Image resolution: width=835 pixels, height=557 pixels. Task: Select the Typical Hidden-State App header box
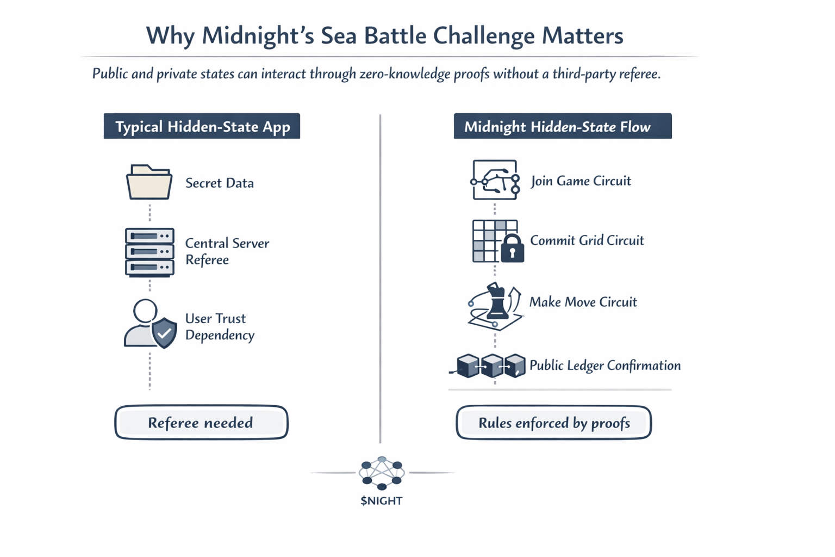pos(202,126)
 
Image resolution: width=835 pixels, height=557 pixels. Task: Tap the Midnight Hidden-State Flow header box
pos(563,126)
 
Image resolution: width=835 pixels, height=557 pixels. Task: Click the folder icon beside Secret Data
pos(149,182)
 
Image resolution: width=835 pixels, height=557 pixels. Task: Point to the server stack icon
pos(149,252)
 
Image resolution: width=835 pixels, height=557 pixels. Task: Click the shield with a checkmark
pos(164,332)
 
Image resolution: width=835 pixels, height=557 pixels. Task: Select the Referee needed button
pos(201,423)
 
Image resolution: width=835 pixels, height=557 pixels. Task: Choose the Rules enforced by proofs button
pos(553,423)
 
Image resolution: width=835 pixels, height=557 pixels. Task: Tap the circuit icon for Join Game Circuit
pos(495,180)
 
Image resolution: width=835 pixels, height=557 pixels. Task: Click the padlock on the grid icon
pos(512,249)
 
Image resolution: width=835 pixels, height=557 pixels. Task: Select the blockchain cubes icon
pos(491,366)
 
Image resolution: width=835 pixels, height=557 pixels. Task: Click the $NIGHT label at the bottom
pos(381,500)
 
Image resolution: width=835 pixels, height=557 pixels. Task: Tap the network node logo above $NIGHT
pos(382,472)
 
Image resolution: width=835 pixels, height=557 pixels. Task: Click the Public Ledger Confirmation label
pos(605,366)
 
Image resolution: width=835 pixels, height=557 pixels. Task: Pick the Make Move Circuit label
pos(583,302)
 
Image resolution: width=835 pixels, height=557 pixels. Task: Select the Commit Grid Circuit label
pos(587,240)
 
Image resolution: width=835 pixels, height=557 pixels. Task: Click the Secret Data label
pos(219,183)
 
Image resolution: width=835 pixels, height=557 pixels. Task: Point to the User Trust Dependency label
pos(219,326)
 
